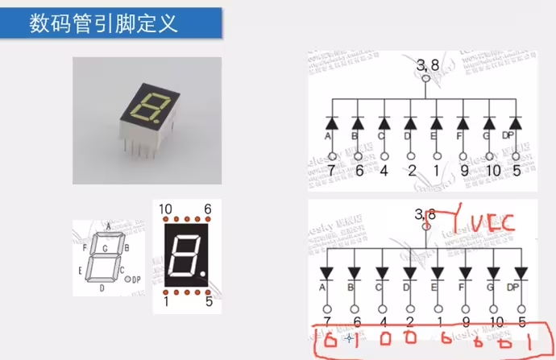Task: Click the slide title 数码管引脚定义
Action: (x=103, y=23)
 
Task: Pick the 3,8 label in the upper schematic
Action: (x=426, y=64)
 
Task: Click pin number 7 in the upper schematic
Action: (x=330, y=170)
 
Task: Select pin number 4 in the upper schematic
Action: (x=383, y=170)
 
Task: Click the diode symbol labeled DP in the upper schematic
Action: (x=515, y=123)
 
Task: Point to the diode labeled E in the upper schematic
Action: (x=436, y=123)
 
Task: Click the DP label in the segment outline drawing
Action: (x=135, y=279)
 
